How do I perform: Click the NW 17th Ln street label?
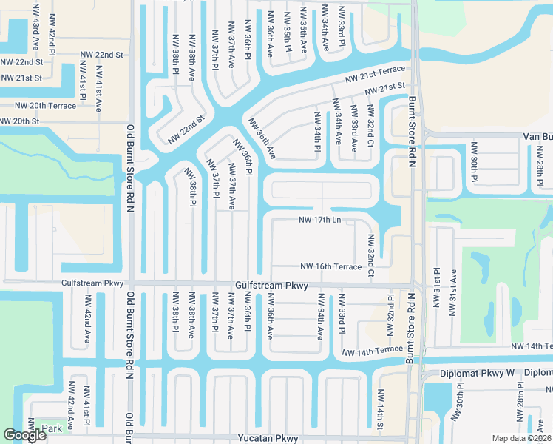pos(319,221)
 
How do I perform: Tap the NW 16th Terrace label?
pos(330,266)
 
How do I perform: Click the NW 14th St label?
pos(380,417)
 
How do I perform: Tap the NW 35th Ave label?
pos(304,31)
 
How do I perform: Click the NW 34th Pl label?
pos(318,130)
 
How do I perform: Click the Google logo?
pos(25,435)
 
